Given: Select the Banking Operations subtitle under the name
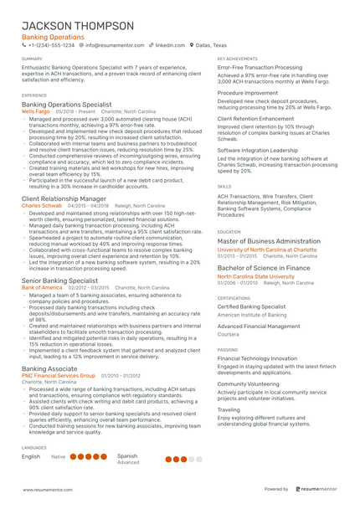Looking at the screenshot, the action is click(52, 39).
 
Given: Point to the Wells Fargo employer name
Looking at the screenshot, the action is click(36, 111).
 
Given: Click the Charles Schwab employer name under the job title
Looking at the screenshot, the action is click(42, 205).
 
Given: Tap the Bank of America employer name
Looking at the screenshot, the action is click(42, 286).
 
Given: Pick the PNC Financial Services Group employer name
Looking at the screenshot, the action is click(59, 377).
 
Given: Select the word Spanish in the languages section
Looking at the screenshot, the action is click(127, 456).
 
